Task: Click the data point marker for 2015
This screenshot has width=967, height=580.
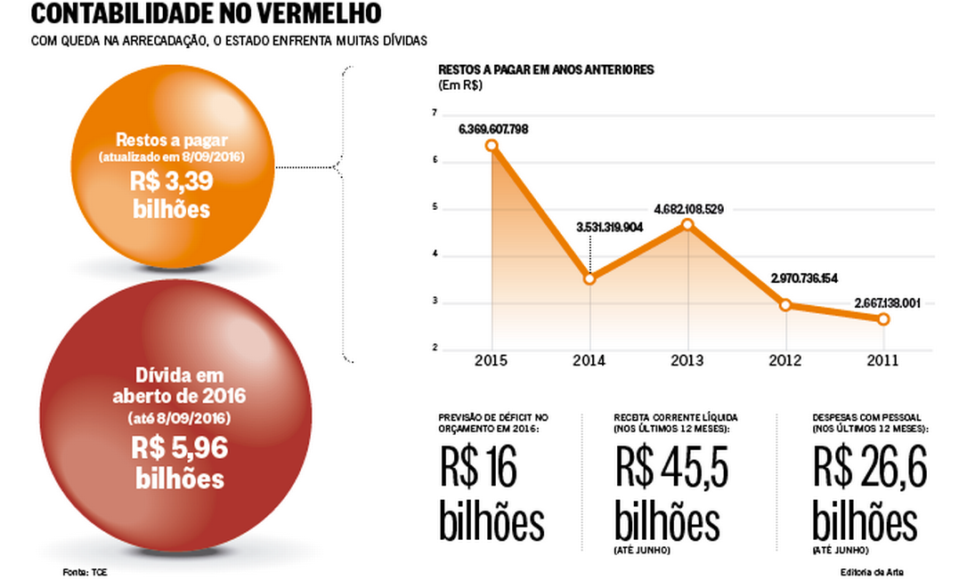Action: point(491,145)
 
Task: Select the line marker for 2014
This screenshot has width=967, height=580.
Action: point(589,279)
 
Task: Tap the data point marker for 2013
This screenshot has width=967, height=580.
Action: point(687,224)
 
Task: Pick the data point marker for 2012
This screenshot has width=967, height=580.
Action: point(785,304)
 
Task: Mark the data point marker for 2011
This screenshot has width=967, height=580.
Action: point(883,318)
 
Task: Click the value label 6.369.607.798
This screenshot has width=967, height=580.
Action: point(493,129)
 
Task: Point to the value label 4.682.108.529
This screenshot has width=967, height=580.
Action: point(688,209)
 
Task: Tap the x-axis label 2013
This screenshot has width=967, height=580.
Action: point(687,360)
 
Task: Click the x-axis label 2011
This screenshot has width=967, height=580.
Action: point(882,360)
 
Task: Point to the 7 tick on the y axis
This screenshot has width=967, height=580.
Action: point(434,114)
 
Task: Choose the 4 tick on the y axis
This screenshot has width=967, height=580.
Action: point(434,255)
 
